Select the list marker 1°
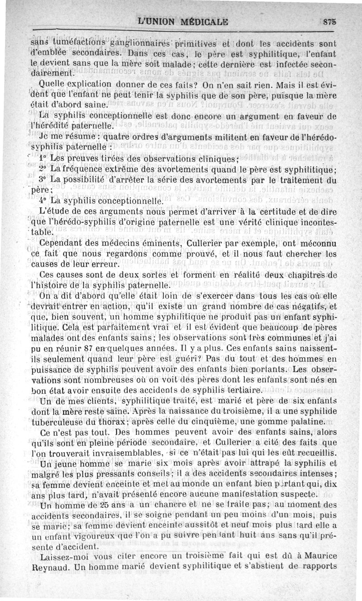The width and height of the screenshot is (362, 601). [43, 159]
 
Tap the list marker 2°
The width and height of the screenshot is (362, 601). [43, 170]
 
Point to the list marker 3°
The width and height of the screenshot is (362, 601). [43, 180]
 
